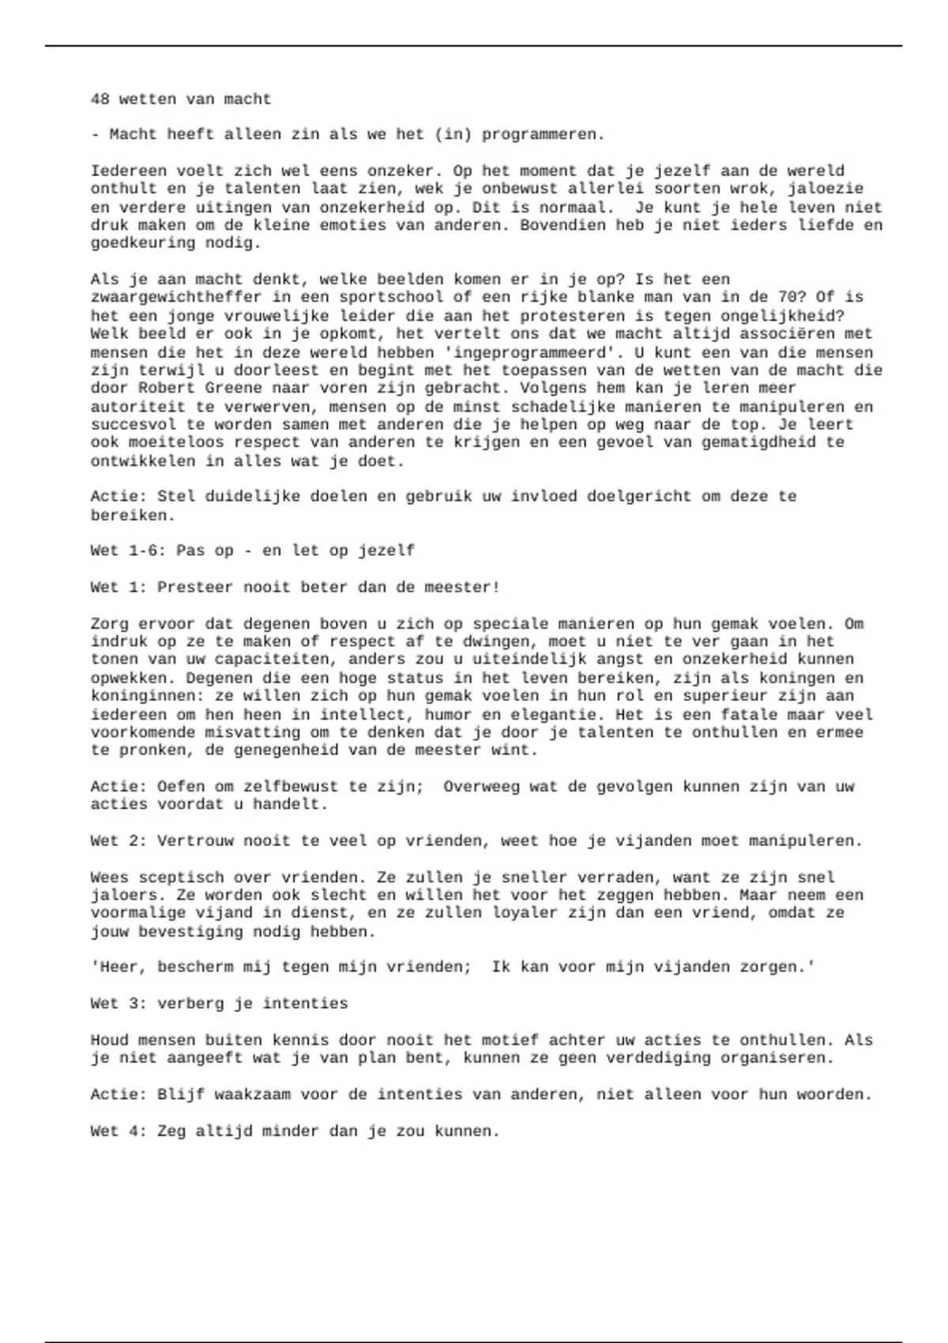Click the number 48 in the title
click(100, 100)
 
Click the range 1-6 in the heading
click(143, 551)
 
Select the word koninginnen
click(143, 696)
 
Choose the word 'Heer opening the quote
click(114, 967)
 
